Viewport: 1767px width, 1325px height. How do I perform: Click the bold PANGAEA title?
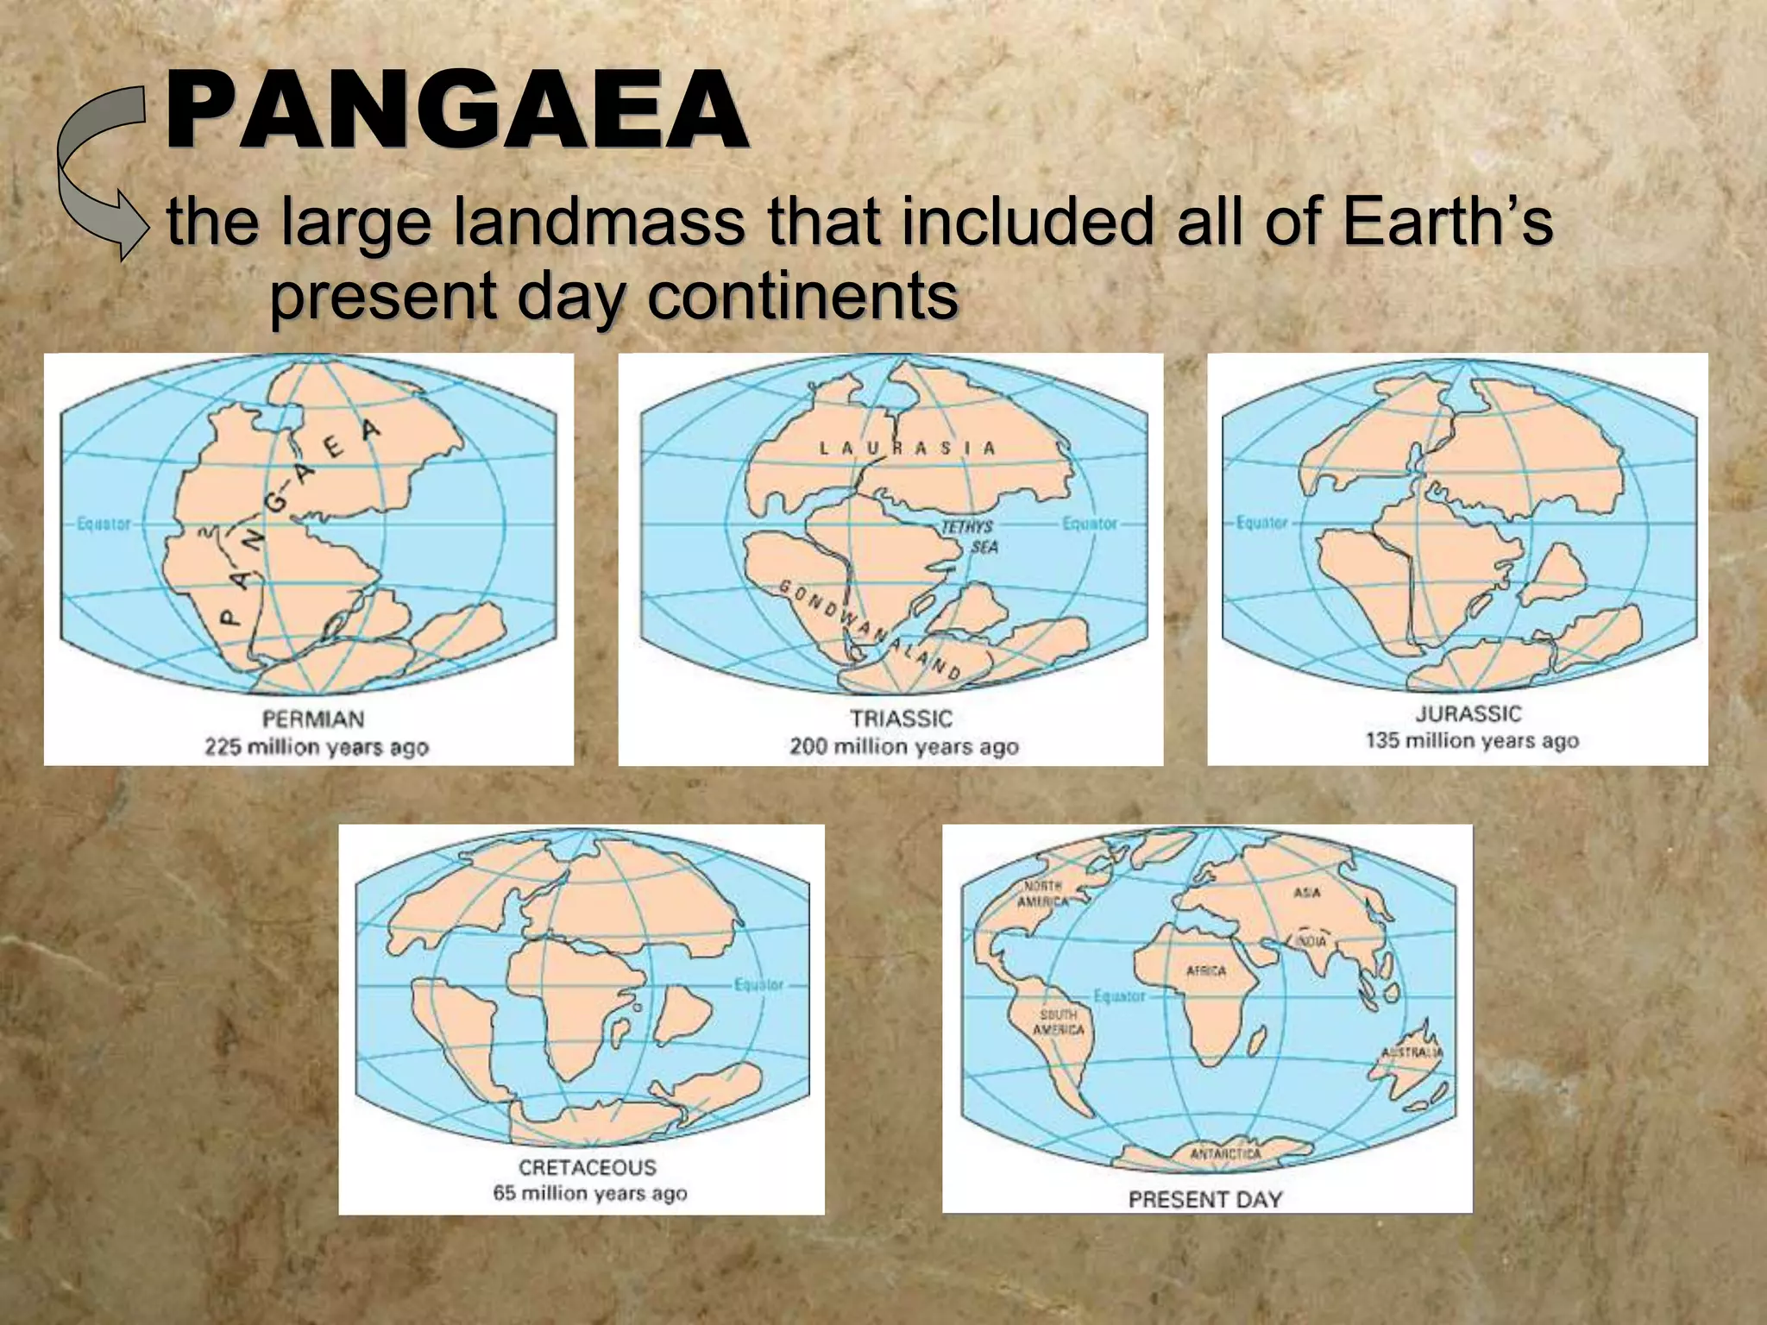tap(456, 112)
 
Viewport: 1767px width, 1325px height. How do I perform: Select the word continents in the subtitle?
tap(802, 296)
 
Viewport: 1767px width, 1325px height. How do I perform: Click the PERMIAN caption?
tap(313, 719)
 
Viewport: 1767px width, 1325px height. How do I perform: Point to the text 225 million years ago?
tap(316, 747)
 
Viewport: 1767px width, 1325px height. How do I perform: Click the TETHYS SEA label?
tap(972, 536)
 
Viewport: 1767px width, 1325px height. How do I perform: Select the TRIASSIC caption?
tap(901, 719)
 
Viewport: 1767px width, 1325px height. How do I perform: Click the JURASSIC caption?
tap(1468, 713)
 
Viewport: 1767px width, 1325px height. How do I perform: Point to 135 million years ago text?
tap(1471, 741)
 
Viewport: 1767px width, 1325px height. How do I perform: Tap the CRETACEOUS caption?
tap(587, 1167)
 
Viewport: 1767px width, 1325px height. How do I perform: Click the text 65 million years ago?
tap(589, 1194)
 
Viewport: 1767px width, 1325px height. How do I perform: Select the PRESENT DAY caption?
tap(1205, 1199)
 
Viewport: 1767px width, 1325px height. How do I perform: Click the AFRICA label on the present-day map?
tap(1206, 971)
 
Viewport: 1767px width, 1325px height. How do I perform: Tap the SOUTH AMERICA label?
tap(1058, 1022)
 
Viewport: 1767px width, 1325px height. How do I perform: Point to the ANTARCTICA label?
tap(1225, 1154)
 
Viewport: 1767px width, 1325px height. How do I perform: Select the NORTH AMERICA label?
tap(1042, 894)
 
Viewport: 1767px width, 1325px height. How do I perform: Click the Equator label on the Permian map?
tap(104, 524)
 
